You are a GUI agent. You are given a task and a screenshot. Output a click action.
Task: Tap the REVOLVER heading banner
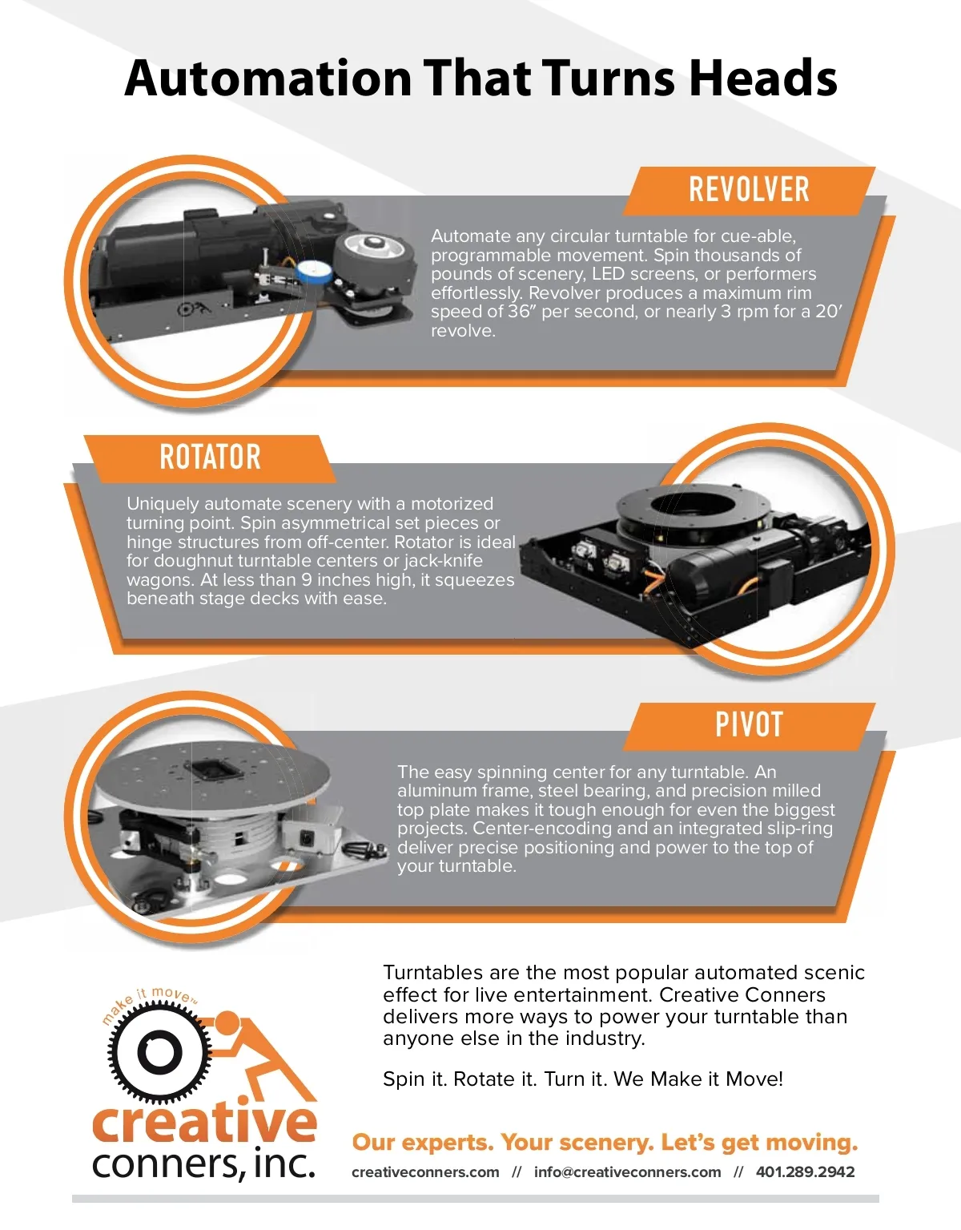tap(749, 190)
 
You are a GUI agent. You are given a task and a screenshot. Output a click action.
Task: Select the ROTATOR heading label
tap(210, 458)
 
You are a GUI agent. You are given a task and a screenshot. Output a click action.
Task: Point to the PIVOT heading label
tap(749, 725)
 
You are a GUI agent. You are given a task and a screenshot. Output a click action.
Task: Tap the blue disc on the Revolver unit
tap(313, 271)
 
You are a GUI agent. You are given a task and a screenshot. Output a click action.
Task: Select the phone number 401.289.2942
tap(805, 1172)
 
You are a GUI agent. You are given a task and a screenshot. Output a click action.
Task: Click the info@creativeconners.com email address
tap(627, 1172)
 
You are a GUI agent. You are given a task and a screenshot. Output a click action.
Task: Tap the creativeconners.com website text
tap(425, 1172)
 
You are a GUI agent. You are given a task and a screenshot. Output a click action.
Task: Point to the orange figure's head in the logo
tap(228, 1023)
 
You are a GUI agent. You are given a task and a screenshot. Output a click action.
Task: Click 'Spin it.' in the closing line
tap(415, 1079)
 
